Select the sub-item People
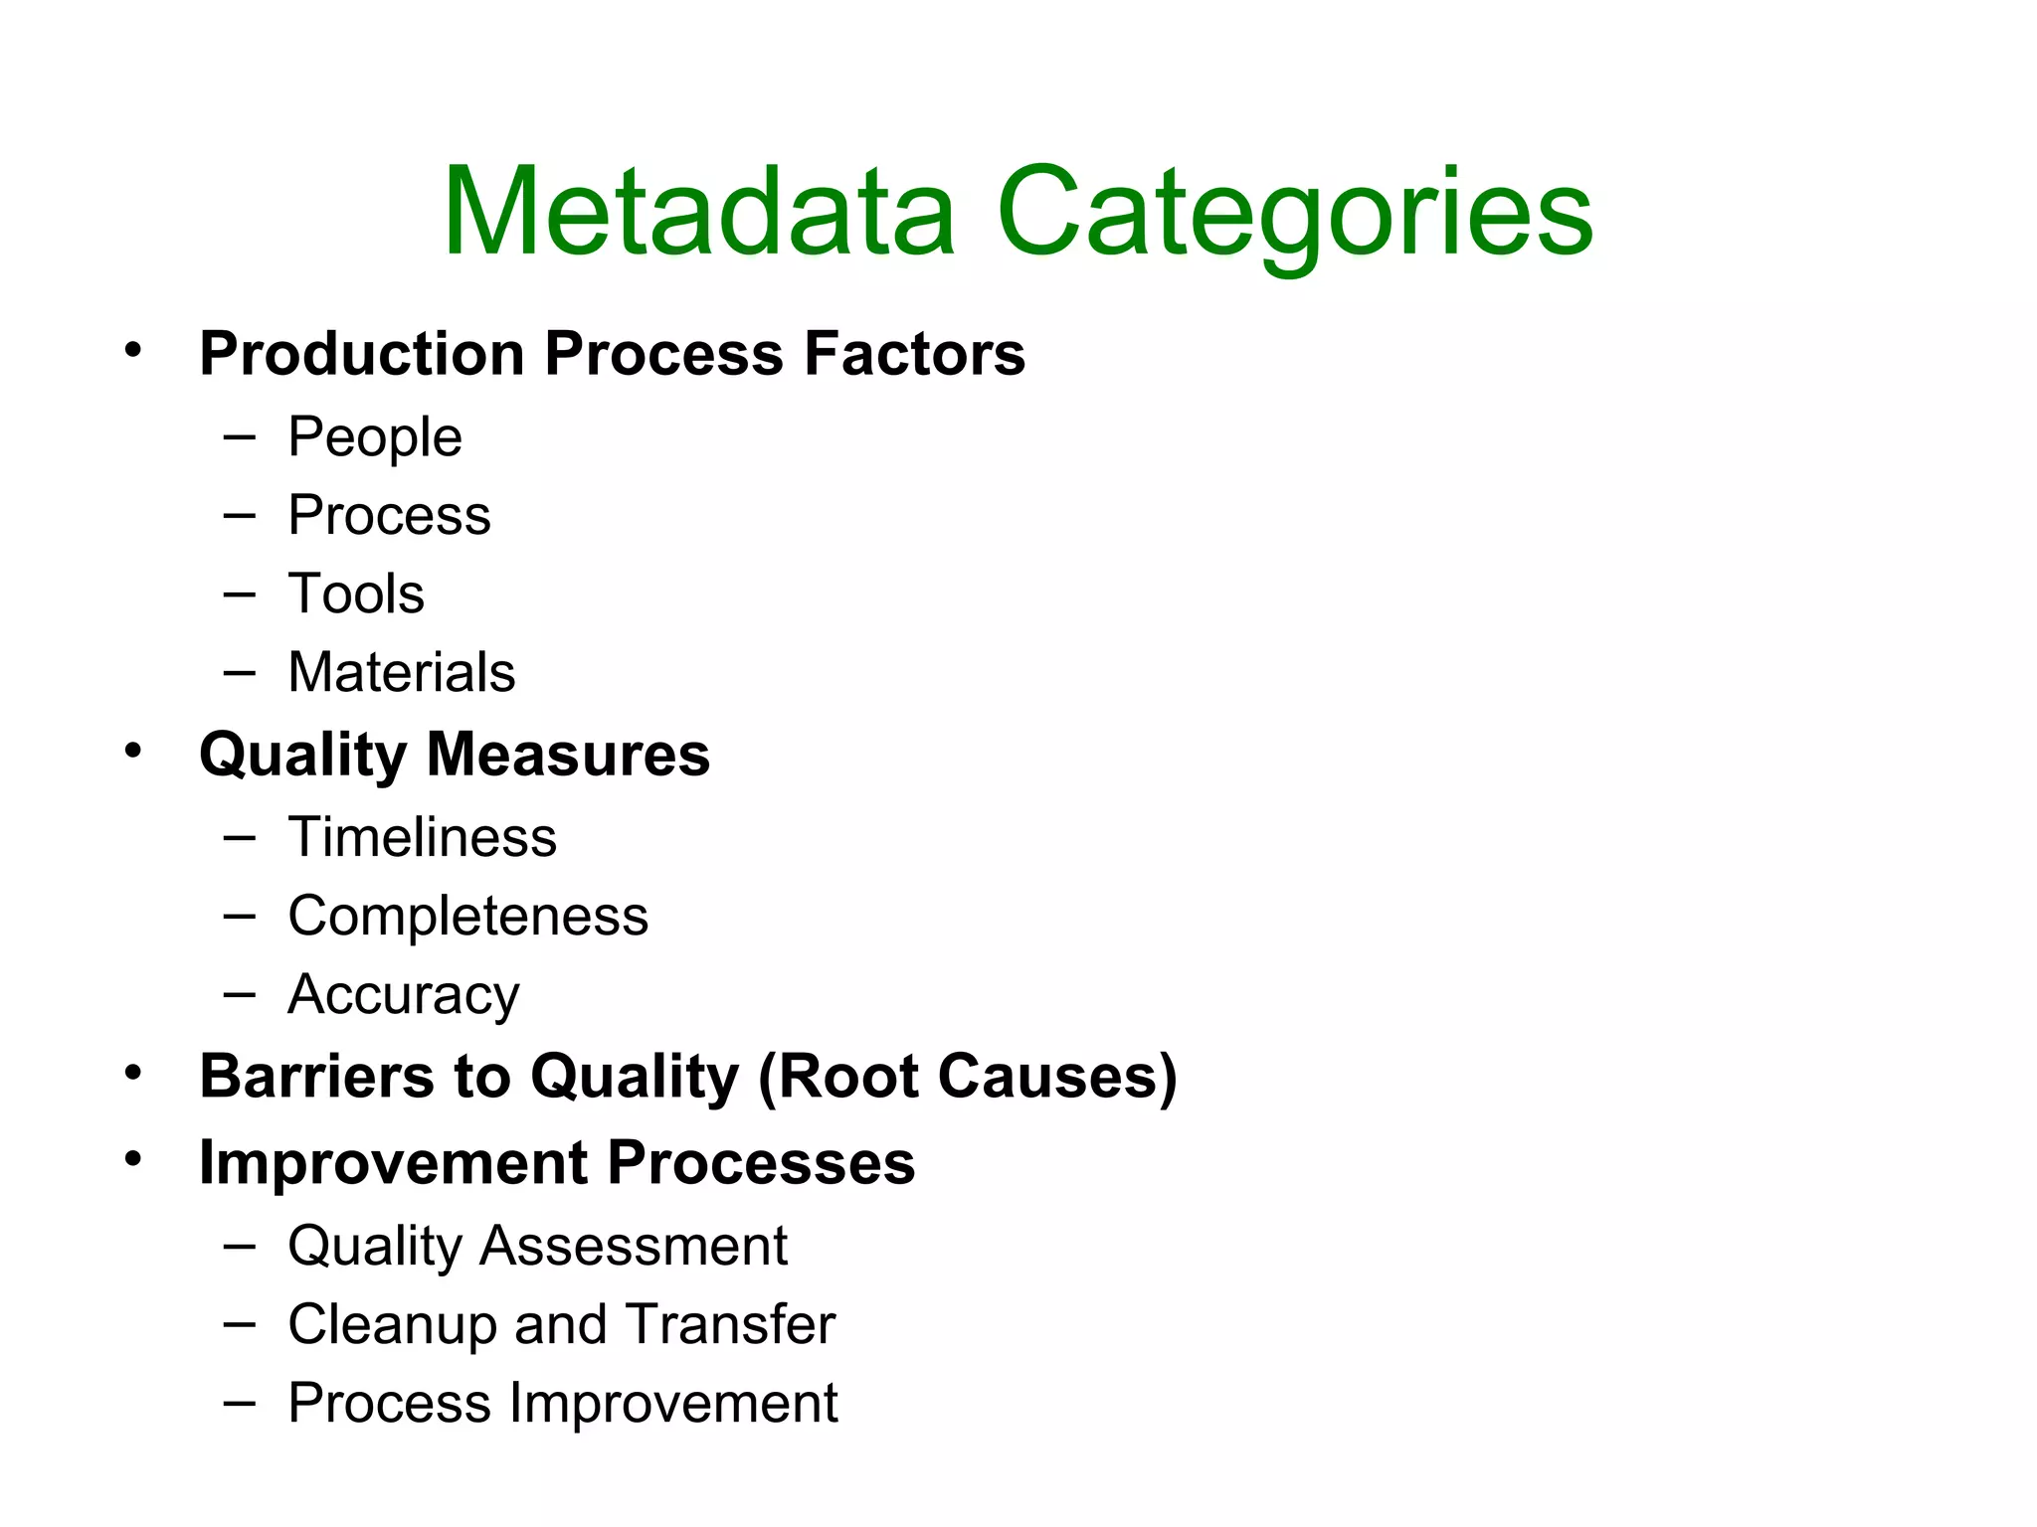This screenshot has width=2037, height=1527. (375, 437)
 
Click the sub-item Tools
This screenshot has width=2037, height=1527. (356, 594)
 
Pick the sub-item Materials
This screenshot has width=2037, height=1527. (402, 673)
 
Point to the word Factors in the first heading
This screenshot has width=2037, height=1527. (914, 354)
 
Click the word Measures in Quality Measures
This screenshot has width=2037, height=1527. (568, 755)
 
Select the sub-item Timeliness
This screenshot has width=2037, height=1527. (422, 838)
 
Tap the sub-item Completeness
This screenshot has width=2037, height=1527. (467, 917)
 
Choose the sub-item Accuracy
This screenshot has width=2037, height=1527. (404, 995)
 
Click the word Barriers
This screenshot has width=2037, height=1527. (317, 1077)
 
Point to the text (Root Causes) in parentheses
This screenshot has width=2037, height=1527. (967, 1077)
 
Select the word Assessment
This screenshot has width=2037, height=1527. (633, 1247)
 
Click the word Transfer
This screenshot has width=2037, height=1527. (731, 1325)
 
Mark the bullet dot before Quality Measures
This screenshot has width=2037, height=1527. (133, 751)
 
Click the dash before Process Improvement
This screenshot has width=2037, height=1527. (240, 1403)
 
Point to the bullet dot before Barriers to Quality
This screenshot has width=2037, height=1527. (133, 1074)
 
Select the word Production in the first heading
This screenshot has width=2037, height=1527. (362, 354)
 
